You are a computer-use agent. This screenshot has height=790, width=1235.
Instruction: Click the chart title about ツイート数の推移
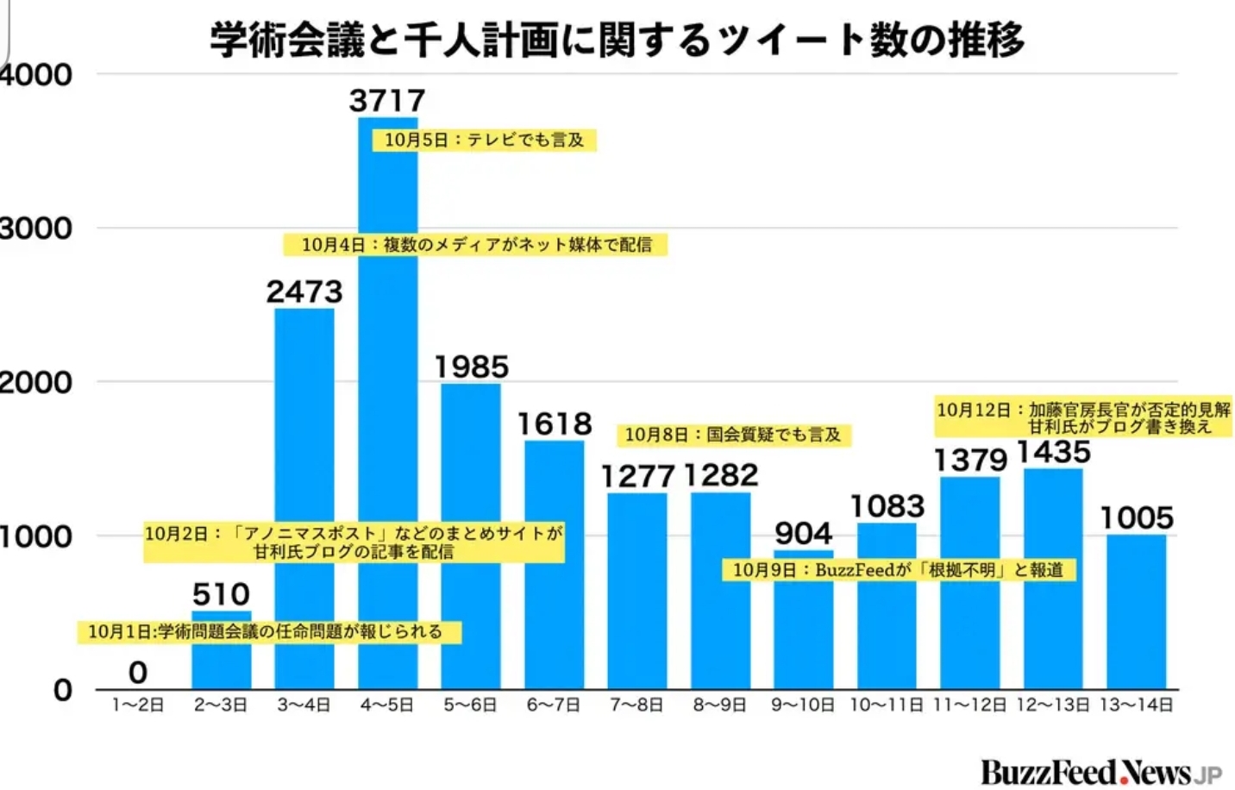(617, 40)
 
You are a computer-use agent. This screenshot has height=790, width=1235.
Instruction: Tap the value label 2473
(304, 292)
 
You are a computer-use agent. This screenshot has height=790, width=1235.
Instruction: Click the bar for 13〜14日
(1136, 612)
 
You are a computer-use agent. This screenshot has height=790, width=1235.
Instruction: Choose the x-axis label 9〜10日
(803, 705)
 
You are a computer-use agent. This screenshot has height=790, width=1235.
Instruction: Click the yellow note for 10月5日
(484, 140)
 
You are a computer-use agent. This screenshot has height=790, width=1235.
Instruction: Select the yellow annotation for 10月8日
(732, 435)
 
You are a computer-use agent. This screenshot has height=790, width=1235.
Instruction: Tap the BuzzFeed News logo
(1100, 772)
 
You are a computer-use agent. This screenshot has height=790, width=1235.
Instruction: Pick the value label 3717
(387, 101)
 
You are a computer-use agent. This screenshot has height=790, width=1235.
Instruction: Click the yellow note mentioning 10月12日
(1083, 417)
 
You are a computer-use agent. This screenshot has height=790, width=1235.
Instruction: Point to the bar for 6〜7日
(555, 565)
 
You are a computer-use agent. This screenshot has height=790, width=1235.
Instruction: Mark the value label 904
(803, 533)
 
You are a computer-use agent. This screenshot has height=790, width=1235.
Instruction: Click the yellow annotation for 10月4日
(476, 245)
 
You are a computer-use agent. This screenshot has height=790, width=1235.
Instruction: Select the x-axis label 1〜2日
(138, 705)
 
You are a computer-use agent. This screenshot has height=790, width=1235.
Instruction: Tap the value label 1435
(1053, 452)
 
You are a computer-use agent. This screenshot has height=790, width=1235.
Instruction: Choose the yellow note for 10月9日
(898, 570)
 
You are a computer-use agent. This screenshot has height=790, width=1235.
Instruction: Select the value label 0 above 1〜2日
(138, 672)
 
